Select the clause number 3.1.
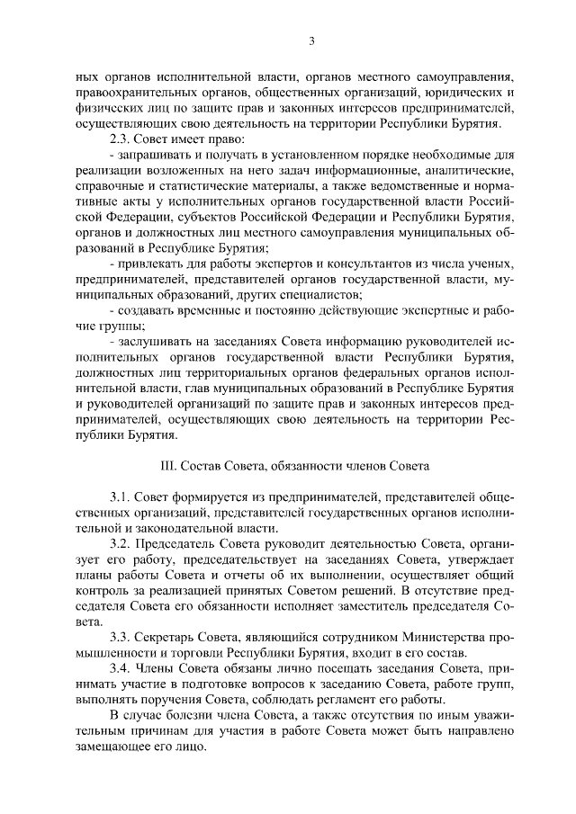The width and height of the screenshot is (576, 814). (x=119, y=496)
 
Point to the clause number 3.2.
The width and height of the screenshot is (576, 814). (x=119, y=545)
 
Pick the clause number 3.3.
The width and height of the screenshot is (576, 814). (x=119, y=635)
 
